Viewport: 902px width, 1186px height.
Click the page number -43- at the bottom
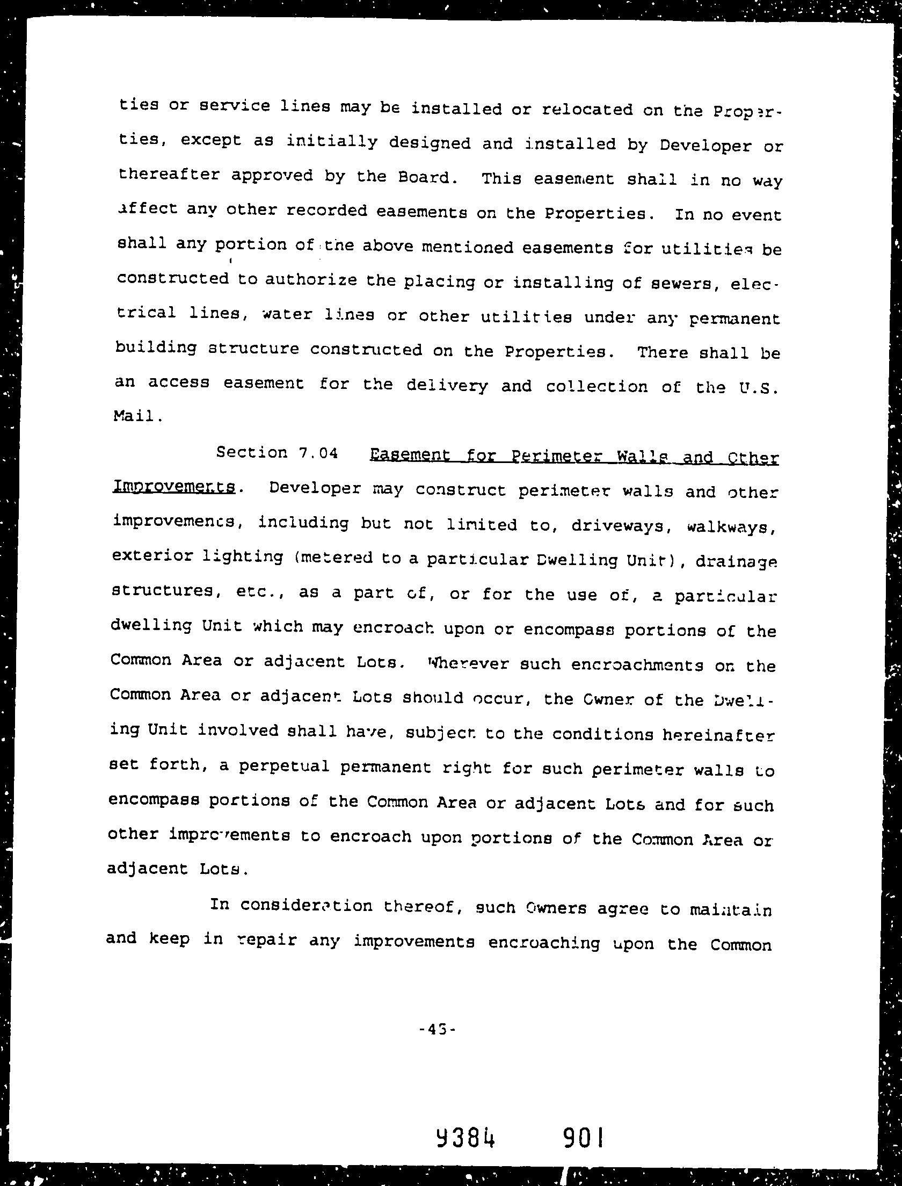(437, 1030)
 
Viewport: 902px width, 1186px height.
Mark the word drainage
(736, 562)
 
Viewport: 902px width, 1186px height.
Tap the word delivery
(447, 386)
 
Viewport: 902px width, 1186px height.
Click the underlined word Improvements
(174, 487)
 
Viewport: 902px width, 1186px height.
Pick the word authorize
(311, 280)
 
